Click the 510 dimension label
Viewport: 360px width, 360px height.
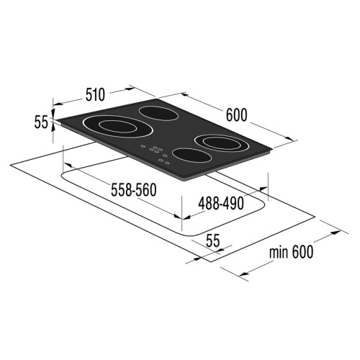(96, 94)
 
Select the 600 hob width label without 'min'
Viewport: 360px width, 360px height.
(236, 115)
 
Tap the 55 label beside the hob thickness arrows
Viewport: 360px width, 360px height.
(41, 122)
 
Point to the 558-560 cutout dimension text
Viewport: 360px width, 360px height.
(134, 190)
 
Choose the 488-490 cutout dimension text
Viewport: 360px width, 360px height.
(221, 204)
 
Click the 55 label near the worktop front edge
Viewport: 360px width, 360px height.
(213, 241)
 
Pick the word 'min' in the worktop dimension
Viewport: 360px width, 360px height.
(279, 252)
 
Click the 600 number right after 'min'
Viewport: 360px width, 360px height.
(302, 252)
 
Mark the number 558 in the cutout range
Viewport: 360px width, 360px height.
(121, 190)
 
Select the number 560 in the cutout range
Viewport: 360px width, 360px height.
(146, 190)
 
